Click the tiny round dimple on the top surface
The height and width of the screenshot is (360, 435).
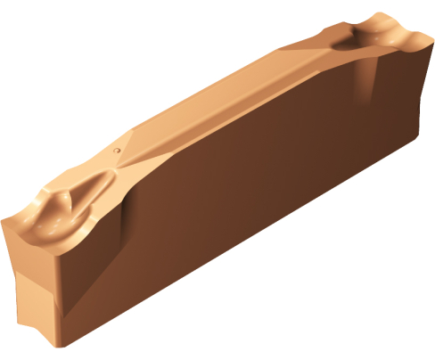[117, 152]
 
